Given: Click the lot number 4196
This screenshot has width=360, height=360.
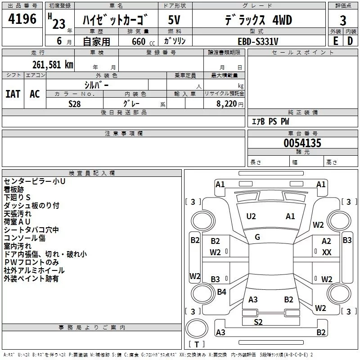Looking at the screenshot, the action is point(22,19).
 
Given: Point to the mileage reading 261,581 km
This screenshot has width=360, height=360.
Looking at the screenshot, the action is point(52,64).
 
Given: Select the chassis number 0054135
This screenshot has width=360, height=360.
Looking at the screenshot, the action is point(302,143).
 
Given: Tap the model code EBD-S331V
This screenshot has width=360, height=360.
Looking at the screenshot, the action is point(258,41).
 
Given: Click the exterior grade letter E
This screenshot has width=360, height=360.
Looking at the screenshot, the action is point(335,41).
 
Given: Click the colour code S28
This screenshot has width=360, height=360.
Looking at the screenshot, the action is point(75,103).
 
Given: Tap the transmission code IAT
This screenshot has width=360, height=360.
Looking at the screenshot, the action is point(13,94).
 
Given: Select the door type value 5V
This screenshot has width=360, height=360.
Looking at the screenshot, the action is point(175,20).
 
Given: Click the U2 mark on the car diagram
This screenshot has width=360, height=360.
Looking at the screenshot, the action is point(251,216).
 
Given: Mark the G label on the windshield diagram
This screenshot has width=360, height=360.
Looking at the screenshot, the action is point(257,237).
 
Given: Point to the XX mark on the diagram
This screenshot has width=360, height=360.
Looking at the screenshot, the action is point(327,252).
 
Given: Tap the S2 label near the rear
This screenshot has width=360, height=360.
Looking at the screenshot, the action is point(258,322).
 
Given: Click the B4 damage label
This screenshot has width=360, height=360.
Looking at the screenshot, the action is point(221,292).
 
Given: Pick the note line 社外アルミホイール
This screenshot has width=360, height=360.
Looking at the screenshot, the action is point(34,270).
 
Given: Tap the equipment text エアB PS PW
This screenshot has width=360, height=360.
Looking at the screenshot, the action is point(270,121).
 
